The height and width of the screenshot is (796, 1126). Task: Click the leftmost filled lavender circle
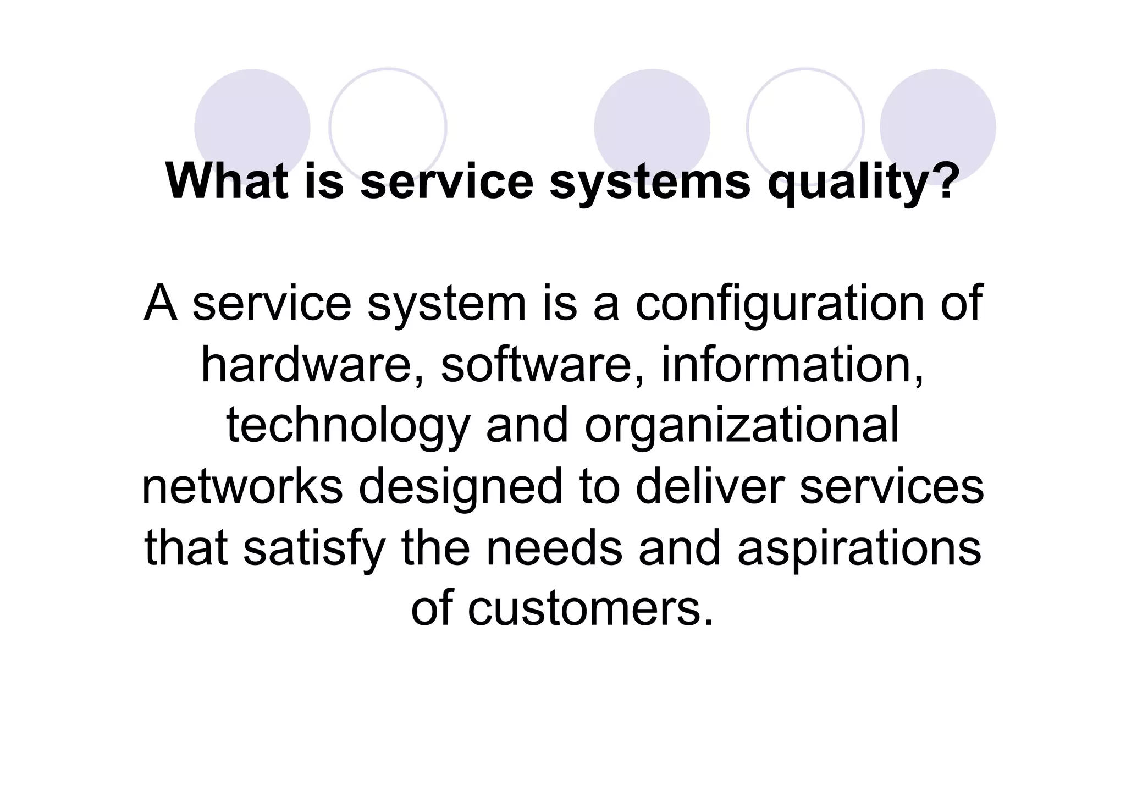pos(252,127)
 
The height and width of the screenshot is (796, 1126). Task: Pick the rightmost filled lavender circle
pos(937,127)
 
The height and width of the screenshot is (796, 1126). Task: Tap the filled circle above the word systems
pos(652,127)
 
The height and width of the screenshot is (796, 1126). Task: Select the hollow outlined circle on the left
pos(388,127)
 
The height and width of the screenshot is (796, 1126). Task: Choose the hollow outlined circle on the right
pos(805,127)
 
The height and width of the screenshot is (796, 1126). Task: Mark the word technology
pos(348,427)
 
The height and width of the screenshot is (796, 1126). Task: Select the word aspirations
pos(859,550)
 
